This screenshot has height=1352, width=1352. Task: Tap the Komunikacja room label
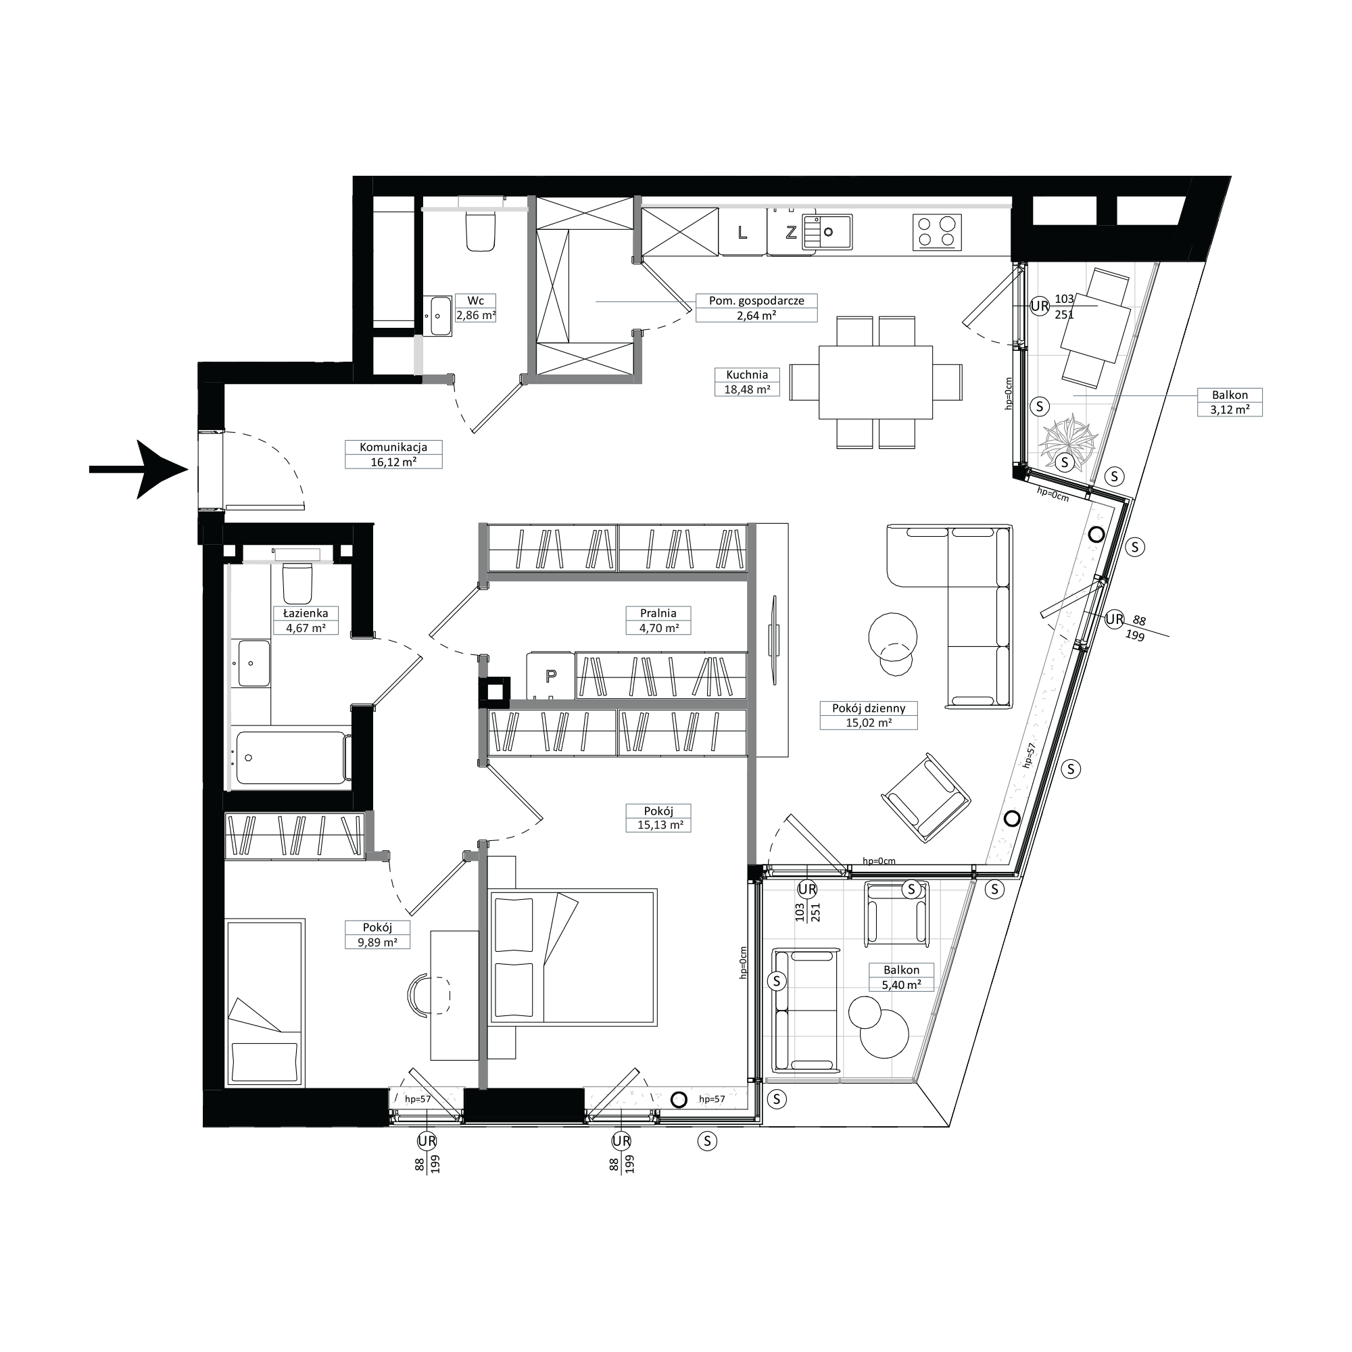point(393,447)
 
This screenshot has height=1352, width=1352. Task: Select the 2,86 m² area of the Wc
point(476,315)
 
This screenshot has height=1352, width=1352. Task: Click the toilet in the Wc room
point(480,231)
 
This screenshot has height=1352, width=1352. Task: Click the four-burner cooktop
point(937,232)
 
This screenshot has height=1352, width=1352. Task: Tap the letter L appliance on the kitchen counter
point(742,233)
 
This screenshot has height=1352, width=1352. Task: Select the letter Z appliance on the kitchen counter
point(791,233)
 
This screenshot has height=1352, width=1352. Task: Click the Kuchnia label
point(747,375)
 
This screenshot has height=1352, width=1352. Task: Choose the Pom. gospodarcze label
point(756,301)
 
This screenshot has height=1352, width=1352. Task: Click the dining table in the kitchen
point(875,382)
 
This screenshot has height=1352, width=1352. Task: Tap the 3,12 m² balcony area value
point(1230,410)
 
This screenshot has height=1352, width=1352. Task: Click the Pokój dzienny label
point(869,708)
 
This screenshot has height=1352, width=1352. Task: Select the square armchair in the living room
point(926,798)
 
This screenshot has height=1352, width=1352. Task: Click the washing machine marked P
point(551,675)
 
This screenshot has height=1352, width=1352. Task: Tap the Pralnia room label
point(658,613)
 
